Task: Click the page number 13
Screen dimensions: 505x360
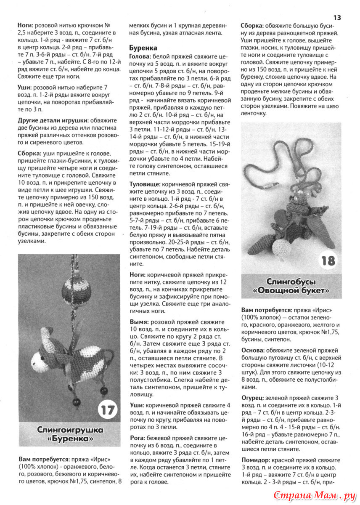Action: click(x=337, y=17)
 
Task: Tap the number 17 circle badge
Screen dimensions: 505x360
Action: click(x=108, y=409)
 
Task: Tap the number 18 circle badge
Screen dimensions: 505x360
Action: click(x=328, y=260)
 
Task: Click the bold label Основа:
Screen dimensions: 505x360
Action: click(x=253, y=350)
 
